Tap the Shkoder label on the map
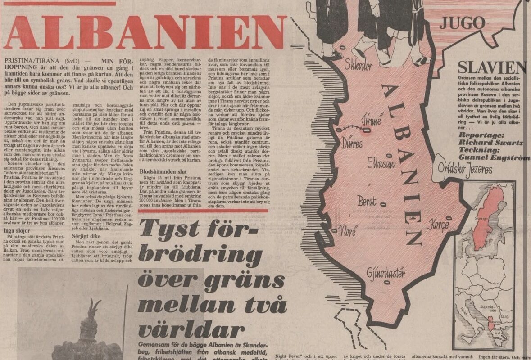pyautogui.click(x=359, y=66)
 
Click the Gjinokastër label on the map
pyautogui.click(x=386, y=273)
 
